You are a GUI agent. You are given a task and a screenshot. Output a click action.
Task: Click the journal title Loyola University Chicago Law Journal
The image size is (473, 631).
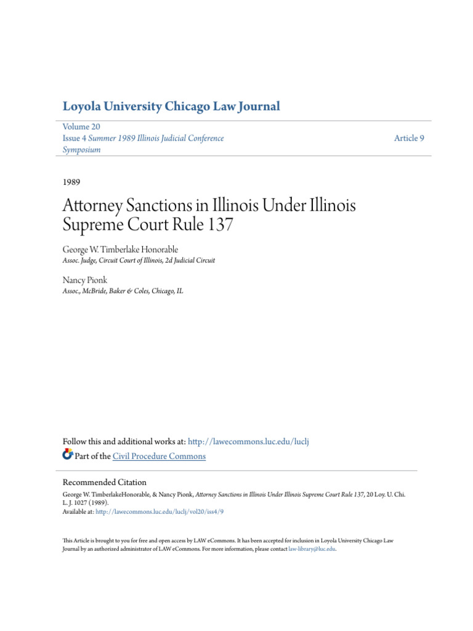(x=171, y=107)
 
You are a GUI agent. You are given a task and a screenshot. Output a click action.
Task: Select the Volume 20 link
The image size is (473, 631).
(x=81, y=127)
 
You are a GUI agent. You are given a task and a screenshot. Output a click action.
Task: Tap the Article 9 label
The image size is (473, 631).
(x=409, y=138)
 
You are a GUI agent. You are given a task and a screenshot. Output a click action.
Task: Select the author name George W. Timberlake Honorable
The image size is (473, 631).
(x=120, y=249)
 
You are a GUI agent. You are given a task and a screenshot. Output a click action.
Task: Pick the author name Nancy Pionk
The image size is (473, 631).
(x=85, y=280)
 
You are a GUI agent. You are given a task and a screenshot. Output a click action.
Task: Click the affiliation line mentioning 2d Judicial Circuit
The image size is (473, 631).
(x=139, y=261)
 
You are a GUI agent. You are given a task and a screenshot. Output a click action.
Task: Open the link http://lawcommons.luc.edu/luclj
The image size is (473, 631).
(x=253, y=442)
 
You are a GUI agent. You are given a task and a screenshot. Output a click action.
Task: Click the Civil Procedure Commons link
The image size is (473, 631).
(x=159, y=456)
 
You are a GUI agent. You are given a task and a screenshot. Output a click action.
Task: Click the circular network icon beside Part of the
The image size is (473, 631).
(x=68, y=455)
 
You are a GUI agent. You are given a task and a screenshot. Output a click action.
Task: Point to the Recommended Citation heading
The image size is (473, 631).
(x=105, y=482)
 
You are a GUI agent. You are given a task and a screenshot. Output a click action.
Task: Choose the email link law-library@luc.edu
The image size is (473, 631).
(x=312, y=548)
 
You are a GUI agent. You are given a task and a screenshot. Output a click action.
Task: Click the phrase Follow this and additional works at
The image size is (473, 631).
(x=124, y=442)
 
